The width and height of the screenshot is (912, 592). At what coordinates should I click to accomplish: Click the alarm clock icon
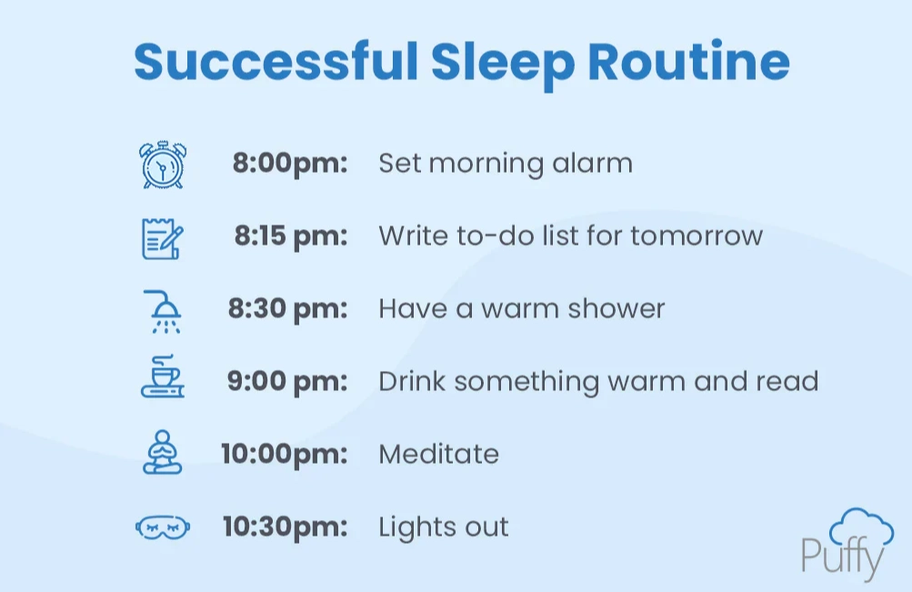[x=163, y=165]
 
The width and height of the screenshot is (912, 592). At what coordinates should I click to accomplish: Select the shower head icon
[x=164, y=310]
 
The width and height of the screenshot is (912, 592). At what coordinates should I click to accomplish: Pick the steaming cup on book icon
[x=163, y=381]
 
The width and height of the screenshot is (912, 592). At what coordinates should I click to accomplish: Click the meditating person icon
[x=163, y=453]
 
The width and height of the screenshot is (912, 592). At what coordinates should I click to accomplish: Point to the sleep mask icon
[x=163, y=527]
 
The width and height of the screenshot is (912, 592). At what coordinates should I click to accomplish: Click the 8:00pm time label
[x=290, y=165]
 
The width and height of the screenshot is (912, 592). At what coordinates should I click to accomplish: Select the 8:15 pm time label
[x=291, y=236]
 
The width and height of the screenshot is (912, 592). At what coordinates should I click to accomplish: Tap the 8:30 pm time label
[x=287, y=309]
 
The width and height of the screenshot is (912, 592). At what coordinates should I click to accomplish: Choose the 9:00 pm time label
[x=287, y=381]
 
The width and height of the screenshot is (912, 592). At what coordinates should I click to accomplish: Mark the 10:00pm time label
[x=285, y=454]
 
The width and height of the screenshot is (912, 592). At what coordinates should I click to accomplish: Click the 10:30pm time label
[x=286, y=527]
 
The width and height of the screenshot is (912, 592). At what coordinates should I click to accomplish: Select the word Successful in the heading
[x=275, y=62]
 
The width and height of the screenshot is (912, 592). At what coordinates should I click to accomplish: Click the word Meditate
[x=438, y=454]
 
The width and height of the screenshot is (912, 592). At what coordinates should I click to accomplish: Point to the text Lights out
[x=443, y=527]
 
